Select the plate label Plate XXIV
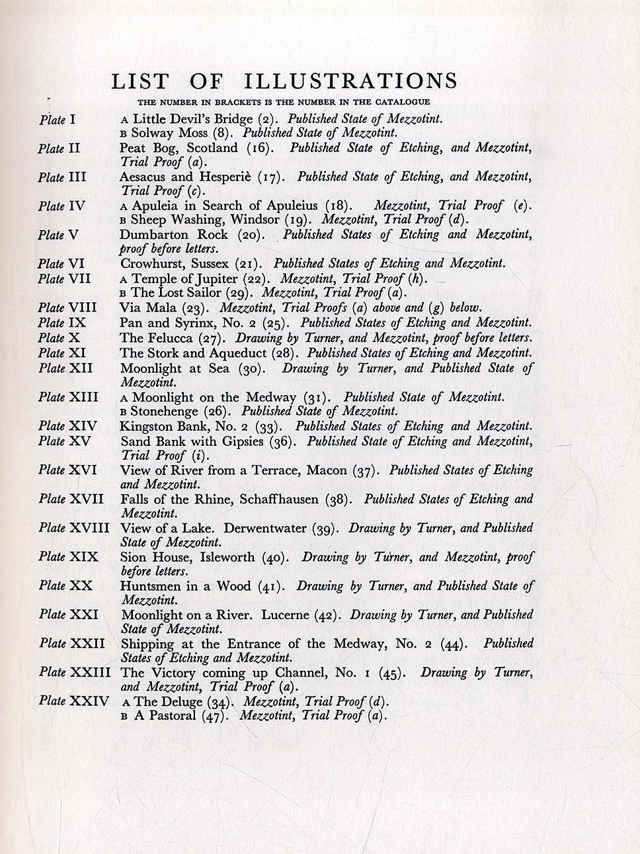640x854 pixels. click(x=73, y=701)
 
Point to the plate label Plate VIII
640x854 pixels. click(x=67, y=308)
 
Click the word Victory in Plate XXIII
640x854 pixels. click(x=169, y=673)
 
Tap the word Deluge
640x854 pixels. click(x=182, y=701)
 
